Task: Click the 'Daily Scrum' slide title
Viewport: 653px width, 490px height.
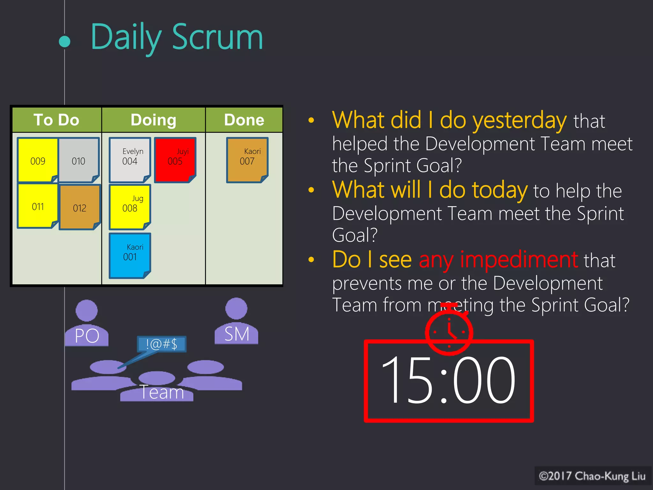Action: [177, 38]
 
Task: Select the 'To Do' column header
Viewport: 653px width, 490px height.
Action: [56, 120]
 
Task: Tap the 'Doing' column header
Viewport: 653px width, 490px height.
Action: [153, 120]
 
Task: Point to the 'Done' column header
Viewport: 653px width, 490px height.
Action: [244, 120]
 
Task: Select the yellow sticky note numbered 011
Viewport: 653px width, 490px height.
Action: [38, 206]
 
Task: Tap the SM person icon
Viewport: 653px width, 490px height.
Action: [236, 321]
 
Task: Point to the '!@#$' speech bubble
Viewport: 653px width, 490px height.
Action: [162, 344]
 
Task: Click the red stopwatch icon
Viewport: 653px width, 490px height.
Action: [449, 330]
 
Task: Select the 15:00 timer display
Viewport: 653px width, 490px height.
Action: [449, 381]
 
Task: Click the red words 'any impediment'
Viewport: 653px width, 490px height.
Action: [498, 260]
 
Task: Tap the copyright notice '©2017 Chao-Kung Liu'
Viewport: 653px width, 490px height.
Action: [592, 476]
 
